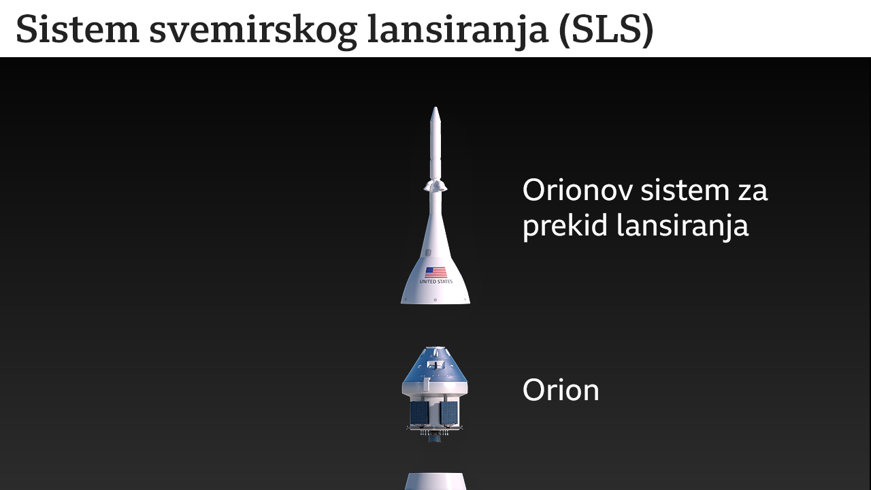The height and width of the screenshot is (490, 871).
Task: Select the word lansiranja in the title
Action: pos(458,29)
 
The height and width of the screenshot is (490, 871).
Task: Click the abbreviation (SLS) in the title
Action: pos(606,29)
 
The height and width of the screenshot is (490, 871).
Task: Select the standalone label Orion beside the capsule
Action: pos(561,391)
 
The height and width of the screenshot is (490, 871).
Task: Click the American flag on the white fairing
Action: pos(435,272)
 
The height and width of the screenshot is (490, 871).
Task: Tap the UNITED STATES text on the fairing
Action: pos(435,282)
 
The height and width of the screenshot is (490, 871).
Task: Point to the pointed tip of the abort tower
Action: pos(435,110)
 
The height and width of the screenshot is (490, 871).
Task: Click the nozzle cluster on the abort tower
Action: pos(435,184)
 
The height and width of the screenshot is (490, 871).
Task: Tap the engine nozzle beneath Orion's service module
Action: pos(435,438)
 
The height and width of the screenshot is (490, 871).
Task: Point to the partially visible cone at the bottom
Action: pos(435,482)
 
